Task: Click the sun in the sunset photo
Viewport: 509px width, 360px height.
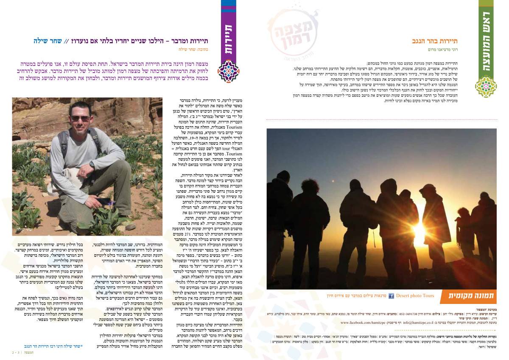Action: pos(420,231)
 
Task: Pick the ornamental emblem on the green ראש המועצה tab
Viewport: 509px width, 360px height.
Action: pos(486,87)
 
